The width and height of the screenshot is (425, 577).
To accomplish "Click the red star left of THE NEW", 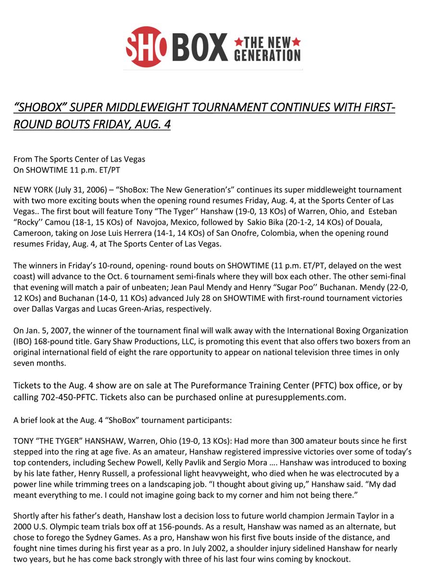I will click(238, 42).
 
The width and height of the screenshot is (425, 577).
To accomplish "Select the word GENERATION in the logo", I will click(267, 55).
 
